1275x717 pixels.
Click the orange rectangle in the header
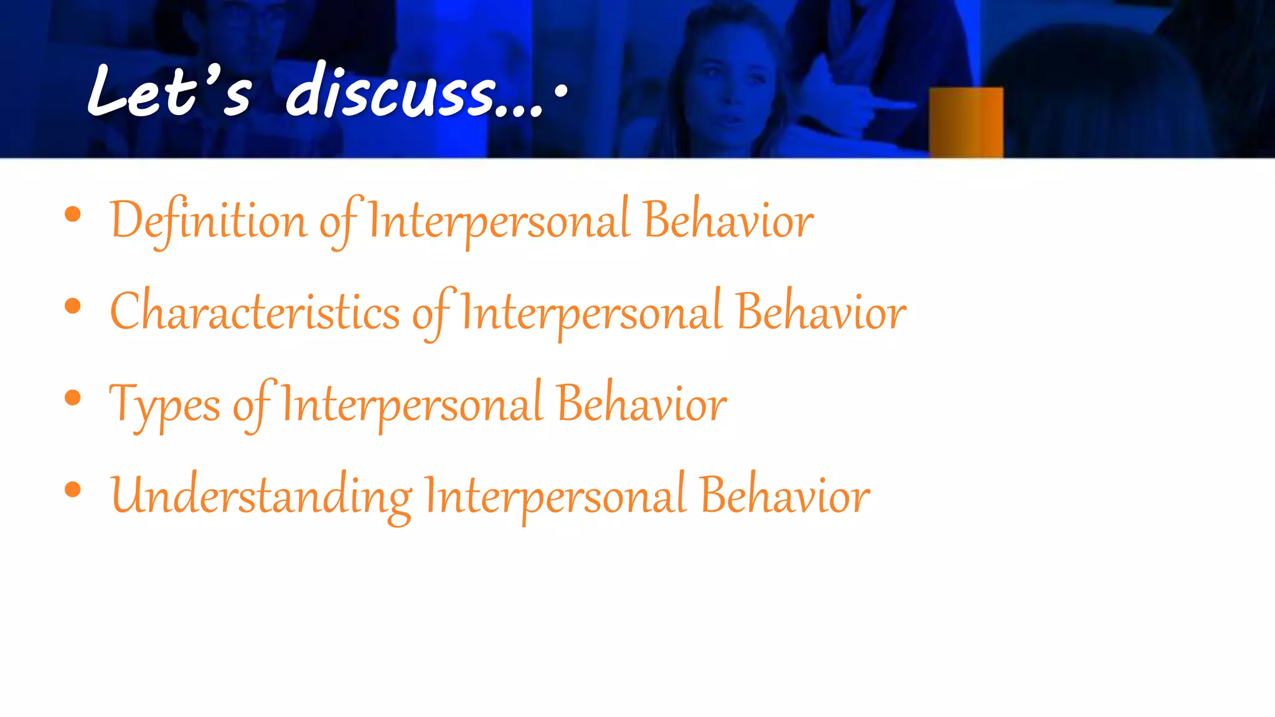pyautogui.click(x=966, y=122)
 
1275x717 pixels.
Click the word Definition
pyautogui.click(x=209, y=221)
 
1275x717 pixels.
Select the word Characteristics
pyautogui.click(x=255, y=312)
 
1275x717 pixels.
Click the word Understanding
pyautogui.click(x=261, y=496)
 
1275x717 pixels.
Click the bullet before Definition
pyautogui.click(x=73, y=215)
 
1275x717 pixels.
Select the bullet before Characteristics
pyautogui.click(x=73, y=306)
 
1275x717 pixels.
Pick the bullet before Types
pyautogui.click(x=73, y=398)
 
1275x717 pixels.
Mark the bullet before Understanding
pyautogui.click(x=73, y=490)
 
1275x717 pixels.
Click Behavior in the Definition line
pyautogui.click(x=728, y=221)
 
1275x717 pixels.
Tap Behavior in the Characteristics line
pyautogui.click(x=821, y=312)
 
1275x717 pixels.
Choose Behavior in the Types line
pyautogui.click(x=641, y=405)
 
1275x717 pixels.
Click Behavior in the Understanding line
pyautogui.click(x=784, y=496)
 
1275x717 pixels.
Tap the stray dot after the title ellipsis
pyautogui.click(x=561, y=91)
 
